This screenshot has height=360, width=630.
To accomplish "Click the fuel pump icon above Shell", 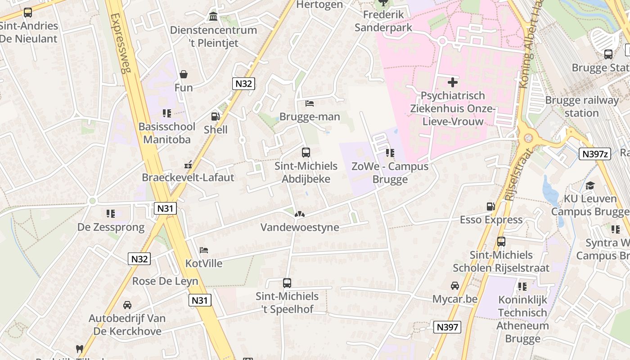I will pyautogui.click(x=216, y=117).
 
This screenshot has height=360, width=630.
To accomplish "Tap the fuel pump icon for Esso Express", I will pyautogui.click(x=490, y=207).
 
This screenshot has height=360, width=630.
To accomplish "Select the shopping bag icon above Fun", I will pyautogui.click(x=184, y=74).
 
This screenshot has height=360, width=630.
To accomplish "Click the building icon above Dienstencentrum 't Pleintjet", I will pyautogui.click(x=213, y=17).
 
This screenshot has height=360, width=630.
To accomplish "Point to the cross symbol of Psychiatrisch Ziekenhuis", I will pyautogui.click(x=453, y=82).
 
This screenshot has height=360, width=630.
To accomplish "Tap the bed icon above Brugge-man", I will pyautogui.click(x=310, y=103).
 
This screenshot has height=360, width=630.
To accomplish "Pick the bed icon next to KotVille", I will pyautogui.click(x=204, y=250).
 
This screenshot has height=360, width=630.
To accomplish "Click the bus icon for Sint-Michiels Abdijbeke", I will pyautogui.click(x=306, y=153).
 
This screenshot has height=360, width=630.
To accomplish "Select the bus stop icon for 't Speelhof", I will pyautogui.click(x=287, y=283).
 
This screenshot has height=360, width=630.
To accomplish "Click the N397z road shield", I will pyautogui.click(x=595, y=154).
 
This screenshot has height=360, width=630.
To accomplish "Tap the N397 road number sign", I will pyautogui.click(x=447, y=327).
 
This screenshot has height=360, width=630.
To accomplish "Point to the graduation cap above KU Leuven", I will pyautogui.click(x=590, y=185).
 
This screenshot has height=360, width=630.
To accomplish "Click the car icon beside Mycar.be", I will pyautogui.click(x=455, y=286).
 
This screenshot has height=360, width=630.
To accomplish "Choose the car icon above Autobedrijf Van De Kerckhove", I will pyautogui.click(x=127, y=305).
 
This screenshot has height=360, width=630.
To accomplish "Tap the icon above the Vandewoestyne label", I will pyautogui.click(x=299, y=214).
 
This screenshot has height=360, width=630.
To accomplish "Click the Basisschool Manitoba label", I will pyautogui.click(x=167, y=133).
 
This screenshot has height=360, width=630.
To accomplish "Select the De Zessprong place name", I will pyautogui.click(x=111, y=227).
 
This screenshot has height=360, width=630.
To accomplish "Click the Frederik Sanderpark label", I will pyautogui.click(x=383, y=21).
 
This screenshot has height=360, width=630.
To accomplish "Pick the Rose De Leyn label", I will pyautogui.click(x=165, y=281).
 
